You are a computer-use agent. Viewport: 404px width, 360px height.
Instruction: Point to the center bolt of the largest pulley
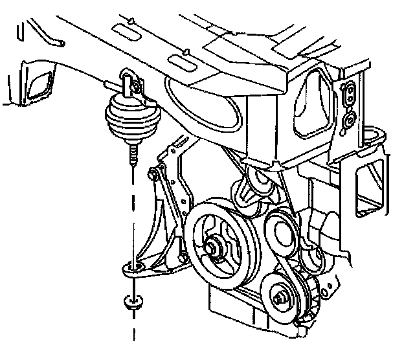[213, 247]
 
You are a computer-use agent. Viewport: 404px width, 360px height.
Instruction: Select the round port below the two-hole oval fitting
[349, 119]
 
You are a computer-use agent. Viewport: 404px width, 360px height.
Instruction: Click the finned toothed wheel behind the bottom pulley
[311, 292]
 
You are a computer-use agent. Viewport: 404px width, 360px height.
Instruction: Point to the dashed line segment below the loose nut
[133, 330]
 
